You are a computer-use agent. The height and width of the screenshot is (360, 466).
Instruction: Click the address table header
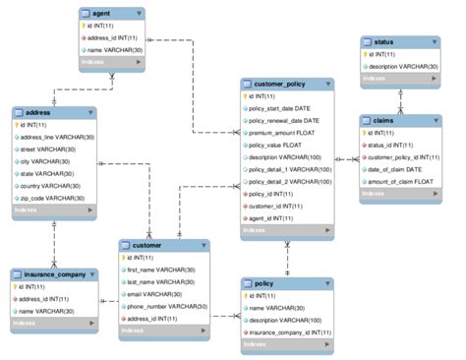[x=39, y=113]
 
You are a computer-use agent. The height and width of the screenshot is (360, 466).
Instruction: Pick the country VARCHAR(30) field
[x=57, y=185]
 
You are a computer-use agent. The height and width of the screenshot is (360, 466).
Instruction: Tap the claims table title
[x=383, y=119]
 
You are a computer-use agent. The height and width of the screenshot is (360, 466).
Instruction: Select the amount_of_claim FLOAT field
[x=404, y=181]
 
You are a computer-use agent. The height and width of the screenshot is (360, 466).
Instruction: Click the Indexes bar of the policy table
[x=285, y=346]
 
